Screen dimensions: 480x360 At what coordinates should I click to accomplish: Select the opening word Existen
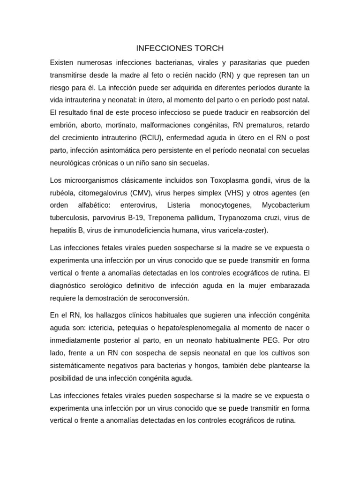[65, 62]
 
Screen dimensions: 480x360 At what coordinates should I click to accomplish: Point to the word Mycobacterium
[286, 205]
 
